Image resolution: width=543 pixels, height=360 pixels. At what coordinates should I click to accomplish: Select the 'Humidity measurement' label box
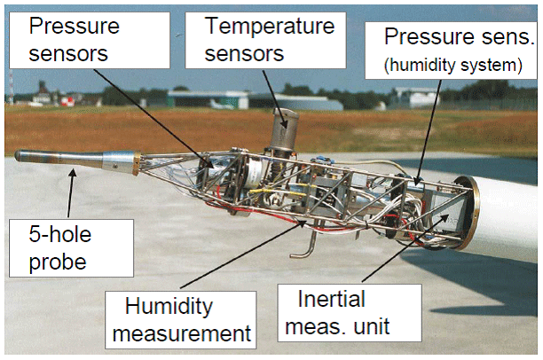(175, 318)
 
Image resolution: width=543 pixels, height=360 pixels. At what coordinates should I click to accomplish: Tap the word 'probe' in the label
(54, 263)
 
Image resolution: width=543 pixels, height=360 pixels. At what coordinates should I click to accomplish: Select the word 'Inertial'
(319, 300)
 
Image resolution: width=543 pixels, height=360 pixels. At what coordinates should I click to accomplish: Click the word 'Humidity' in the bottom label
(169, 306)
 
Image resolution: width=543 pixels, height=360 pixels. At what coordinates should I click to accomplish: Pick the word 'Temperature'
(257, 27)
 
